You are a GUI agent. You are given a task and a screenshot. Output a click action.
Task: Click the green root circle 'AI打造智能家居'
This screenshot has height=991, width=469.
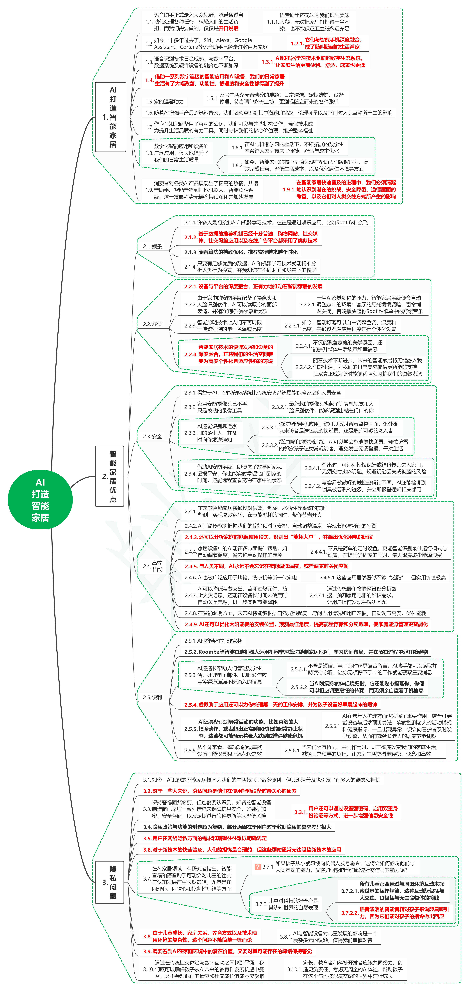click(40, 499)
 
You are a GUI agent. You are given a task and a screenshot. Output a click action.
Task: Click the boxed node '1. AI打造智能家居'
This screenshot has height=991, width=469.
click(110, 117)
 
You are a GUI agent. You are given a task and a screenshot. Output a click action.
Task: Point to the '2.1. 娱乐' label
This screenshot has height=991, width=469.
click(152, 246)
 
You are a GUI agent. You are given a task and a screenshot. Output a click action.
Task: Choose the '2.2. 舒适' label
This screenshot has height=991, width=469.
click(152, 324)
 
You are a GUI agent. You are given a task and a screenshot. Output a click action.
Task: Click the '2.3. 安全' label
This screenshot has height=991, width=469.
click(152, 436)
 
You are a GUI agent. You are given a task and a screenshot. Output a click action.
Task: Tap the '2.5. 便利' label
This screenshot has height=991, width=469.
click(152, 697)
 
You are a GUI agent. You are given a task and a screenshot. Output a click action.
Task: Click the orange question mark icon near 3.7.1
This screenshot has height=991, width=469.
click(257, 867)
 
